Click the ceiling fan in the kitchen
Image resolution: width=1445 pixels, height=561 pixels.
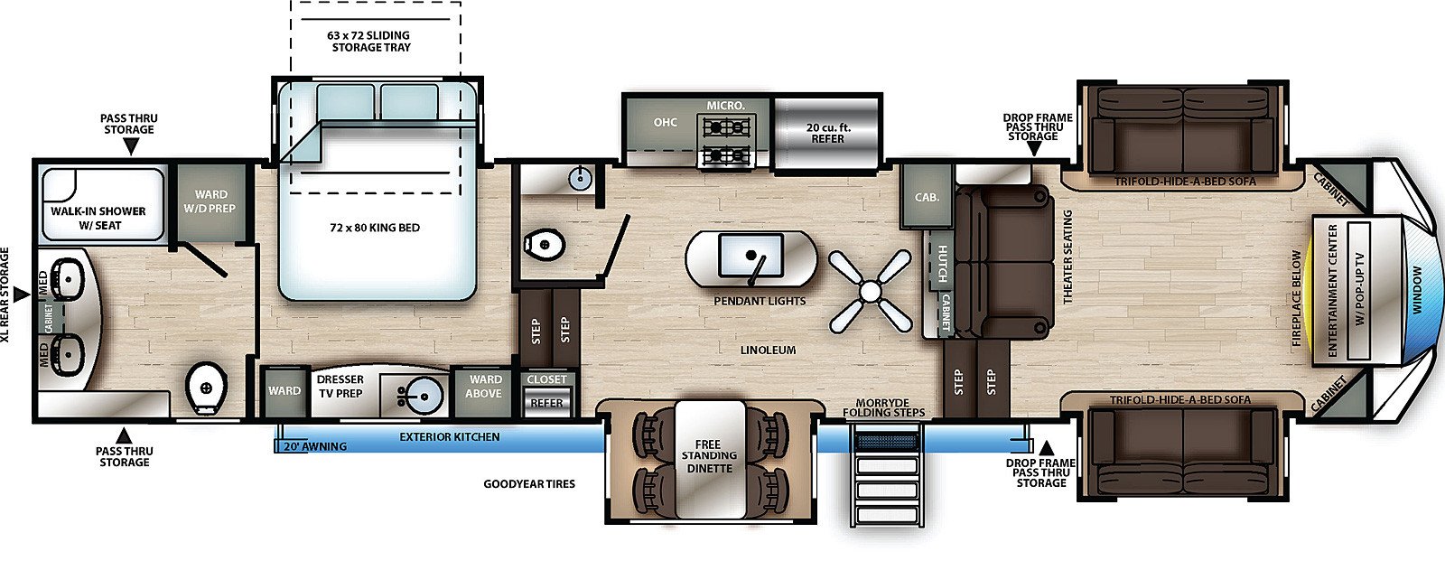coord(871,292)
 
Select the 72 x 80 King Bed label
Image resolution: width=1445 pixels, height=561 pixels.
coord(375,228)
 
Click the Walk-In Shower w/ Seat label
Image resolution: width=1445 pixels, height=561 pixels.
coord(98,219)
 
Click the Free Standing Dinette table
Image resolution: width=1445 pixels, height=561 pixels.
coord(710,458)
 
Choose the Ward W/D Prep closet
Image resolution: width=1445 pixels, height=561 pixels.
coord(210,201)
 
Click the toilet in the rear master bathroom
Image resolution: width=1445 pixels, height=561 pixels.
coord(207,388)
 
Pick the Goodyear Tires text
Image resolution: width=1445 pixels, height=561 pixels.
coord(529,483)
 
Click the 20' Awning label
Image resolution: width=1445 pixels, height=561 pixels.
coord(315,446)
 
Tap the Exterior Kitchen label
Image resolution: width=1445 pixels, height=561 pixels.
coord(450,437)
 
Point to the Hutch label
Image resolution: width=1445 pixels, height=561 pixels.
coord(942,264)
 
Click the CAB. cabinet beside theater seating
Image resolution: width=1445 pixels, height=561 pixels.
coord(927,196)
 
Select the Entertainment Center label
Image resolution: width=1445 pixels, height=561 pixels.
coord(1333,291)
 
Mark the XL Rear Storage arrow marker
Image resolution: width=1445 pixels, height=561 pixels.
coord(22,295)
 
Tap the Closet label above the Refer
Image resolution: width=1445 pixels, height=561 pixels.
coord(546,379)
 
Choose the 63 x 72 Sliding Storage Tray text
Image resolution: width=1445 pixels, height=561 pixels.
coord(370,42)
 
